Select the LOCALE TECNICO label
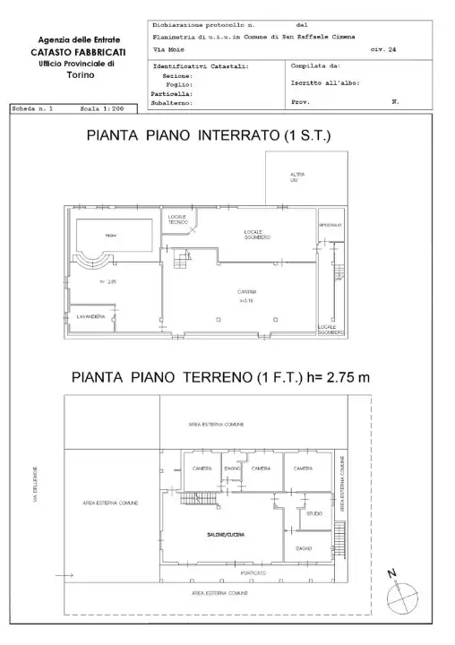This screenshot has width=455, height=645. pyautogui.click(x=176, y=220)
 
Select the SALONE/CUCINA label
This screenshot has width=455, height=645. pyautogui.click(x=222, y=535)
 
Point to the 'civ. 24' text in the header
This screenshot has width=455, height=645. pyautogui.click(x=382, y=50)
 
